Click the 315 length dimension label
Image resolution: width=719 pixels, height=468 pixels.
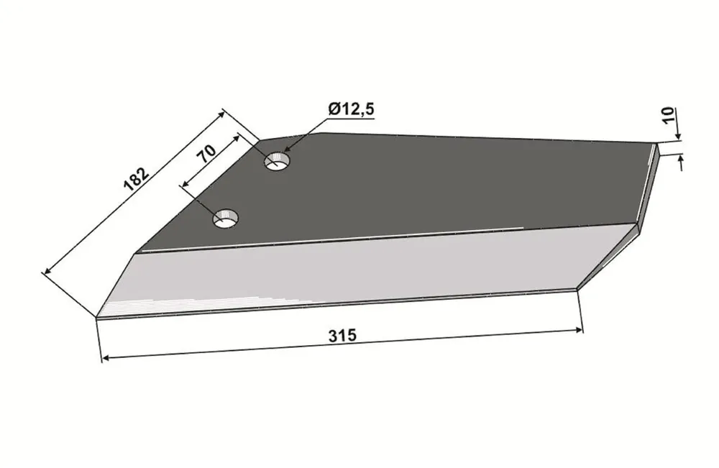point(342,336)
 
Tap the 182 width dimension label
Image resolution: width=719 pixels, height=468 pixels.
point(136,179)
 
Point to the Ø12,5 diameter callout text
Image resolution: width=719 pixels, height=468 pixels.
point(352,109)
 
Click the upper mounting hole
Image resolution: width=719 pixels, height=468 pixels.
point(277,161)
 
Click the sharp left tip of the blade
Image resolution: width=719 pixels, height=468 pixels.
point(97,316)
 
